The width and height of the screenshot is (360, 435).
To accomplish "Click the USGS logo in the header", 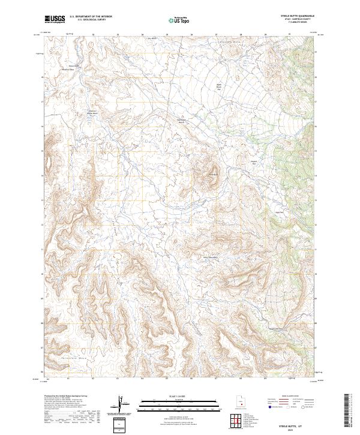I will pos(55,19).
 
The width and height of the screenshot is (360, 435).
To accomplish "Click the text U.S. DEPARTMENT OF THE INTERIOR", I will pos(91,17).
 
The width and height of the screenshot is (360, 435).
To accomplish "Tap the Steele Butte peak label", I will pos(211,174).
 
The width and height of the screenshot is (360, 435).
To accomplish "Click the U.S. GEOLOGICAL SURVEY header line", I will pos(91,20).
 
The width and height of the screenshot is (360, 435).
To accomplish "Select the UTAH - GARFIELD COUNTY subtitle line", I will pos(301,20).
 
